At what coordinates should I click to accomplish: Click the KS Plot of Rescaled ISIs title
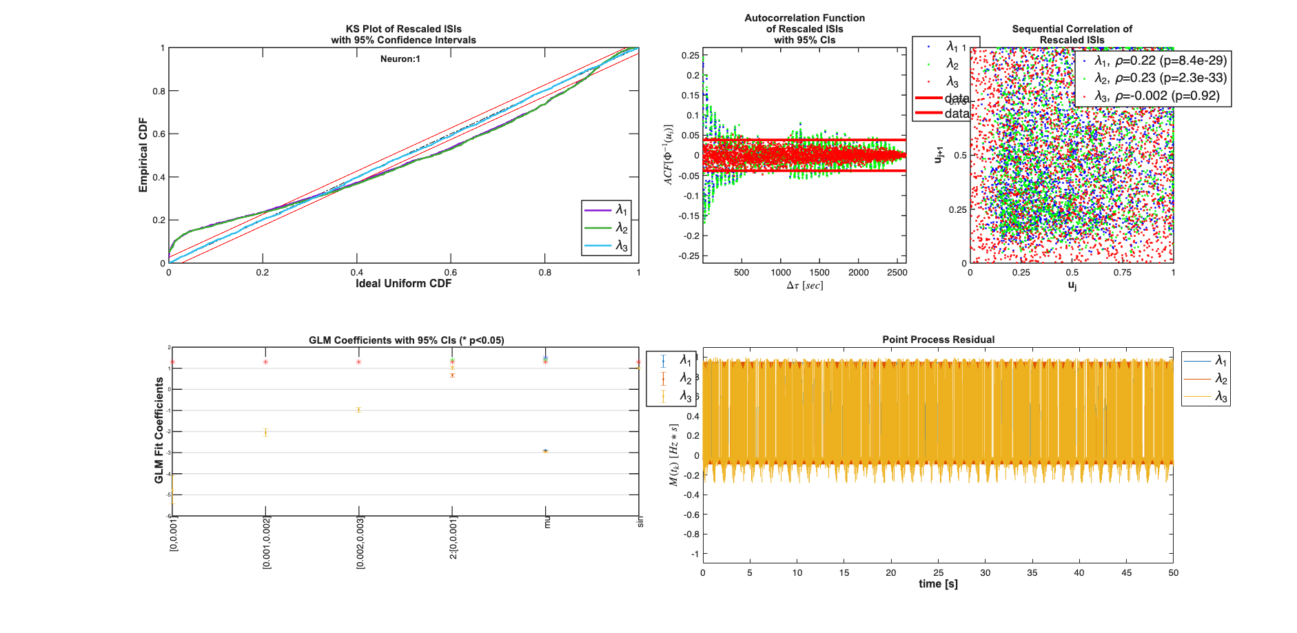[x=403, y=29]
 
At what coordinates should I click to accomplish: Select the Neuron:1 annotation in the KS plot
[x=400, y=59]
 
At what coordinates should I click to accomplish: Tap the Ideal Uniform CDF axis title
[x=403, y=284]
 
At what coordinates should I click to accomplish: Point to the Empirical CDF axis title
[x=143, y=155]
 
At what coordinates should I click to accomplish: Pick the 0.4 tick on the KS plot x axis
[x=356, y=273]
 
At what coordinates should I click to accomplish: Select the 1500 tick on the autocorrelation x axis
[x=819, y=273]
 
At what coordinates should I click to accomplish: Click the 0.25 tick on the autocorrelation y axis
[x=690, y=56]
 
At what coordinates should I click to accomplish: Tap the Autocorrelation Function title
[x=804, y=19]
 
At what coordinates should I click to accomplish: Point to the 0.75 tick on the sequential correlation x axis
[x=1123, y=273]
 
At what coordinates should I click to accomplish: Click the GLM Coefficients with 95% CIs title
[x=406, y=340]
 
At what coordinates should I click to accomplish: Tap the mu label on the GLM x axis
[x=547, y=523]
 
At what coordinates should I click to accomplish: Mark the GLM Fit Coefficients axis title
[x=159, y=430]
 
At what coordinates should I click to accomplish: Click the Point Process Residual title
[x=938, y=340]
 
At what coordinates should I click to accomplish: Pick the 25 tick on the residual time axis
[x=938, y=573]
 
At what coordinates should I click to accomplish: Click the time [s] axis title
[x=938, y=584]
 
